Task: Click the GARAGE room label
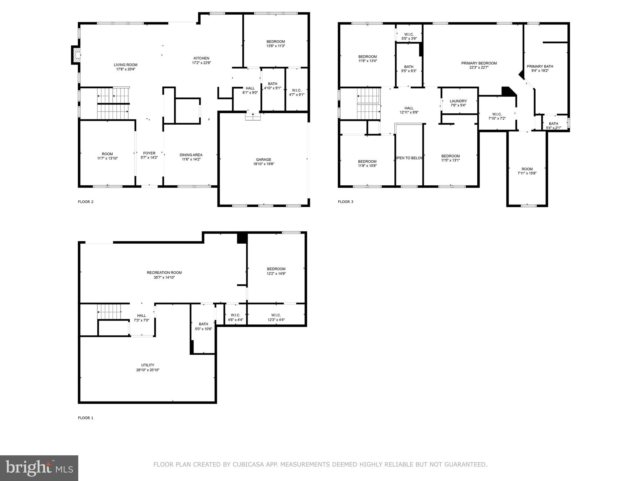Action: [x=263, y=159]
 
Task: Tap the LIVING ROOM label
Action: [x=126, y=65]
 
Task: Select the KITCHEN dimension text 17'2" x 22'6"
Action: [x=201, y=63]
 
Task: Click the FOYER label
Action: [x=149, y=153]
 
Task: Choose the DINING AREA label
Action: [x=191, y=155]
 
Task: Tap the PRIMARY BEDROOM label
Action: [x=479, y=63]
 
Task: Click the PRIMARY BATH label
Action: [x=540, y=66]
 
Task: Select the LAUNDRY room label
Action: [x=458, y=101]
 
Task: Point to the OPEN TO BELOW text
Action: [x=409, y=158]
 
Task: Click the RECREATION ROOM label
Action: [x=164, y=272]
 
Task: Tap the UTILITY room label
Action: [x=147, y=365]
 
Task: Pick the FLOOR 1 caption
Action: [x=85, y=418]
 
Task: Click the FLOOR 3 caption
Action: [x=346, y=202]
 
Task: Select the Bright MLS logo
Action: [x=39, y=468]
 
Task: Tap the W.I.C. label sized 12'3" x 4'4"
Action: [x=276, y=315]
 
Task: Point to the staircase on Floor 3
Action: [x=368, y=104]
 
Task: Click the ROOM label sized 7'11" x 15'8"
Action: [x=527, y=169]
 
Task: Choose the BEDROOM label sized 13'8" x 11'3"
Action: [x=276, y=41]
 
